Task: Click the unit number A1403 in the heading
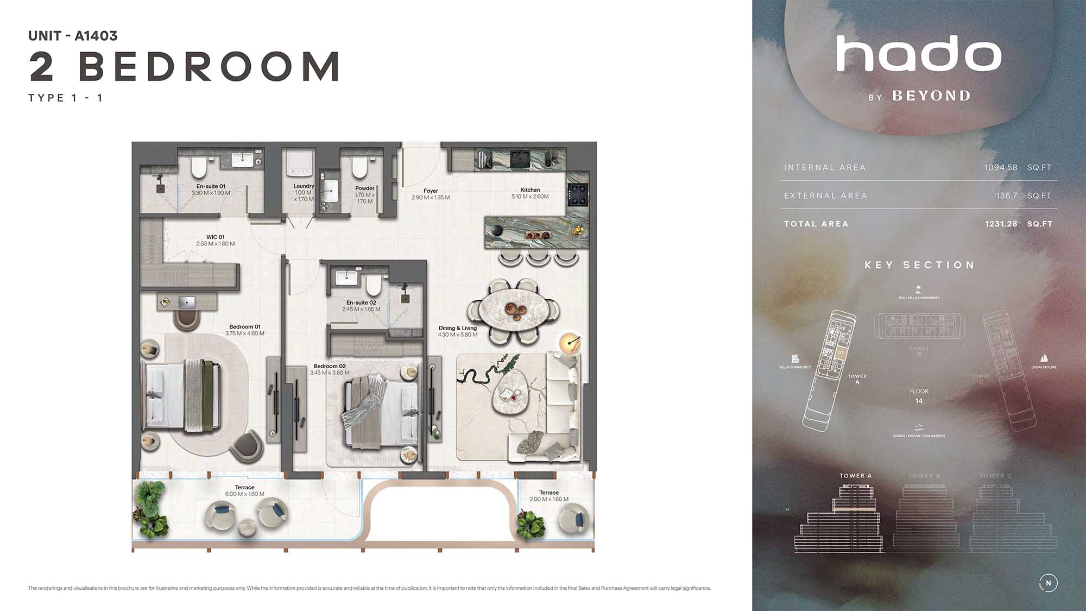(96, 36)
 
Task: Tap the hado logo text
(918, 54)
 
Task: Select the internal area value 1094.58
(1001, 167)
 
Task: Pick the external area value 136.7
(1006, 196)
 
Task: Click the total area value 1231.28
(1001, 224)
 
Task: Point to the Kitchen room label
(530, 190)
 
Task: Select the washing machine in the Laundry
(300, 163)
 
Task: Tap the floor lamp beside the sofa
(570, 343)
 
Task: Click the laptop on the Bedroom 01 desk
(187, 301)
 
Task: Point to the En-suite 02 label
(361, 303)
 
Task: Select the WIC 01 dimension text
(216, 244)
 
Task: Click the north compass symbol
(1048, 583)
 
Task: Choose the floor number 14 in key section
(919, 401)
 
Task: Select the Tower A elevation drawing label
(855, 476)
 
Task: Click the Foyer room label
(431, 191)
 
